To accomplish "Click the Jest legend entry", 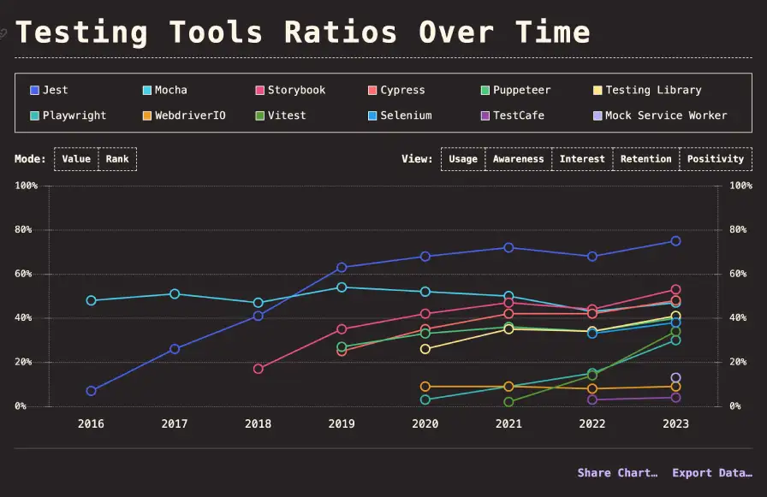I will (x=52, y=90).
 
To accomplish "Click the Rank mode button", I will (x=117, y=159).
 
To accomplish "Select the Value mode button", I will (x=76, y=159).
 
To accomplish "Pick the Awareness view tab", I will (x=518, y=159).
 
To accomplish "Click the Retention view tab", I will (x=646, y=159).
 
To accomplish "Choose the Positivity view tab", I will (x=715, y=159).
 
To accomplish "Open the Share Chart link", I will (x=617, y=473).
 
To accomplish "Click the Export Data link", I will (x=712, y=473).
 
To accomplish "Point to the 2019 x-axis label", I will (x=342, y=423).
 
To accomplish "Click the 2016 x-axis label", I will (x=91, y=423).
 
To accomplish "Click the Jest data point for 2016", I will (x=92, y=391).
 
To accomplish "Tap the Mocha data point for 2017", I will (x=175, y=293).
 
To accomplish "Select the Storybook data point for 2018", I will (x=259, y=369).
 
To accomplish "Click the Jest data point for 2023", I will (x=675, y=241).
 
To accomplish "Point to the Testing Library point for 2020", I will (x=425, y=349).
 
